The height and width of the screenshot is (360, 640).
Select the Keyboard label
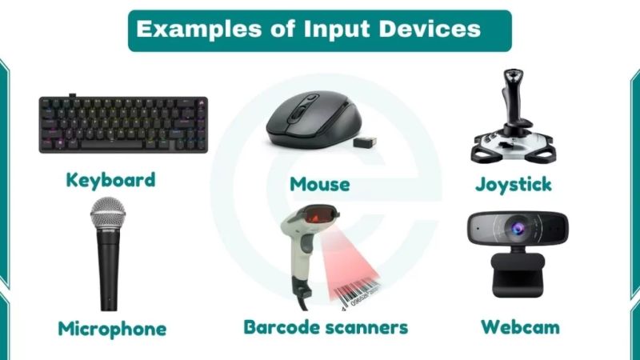pos(110,179)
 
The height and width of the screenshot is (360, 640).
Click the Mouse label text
pos(319,184)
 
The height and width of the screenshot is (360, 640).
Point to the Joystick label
pos(513,184)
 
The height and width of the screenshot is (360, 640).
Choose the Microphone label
pos(112,328)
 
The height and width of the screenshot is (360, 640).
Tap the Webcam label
pos(520,326)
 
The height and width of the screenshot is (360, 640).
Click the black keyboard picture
pos(124,124)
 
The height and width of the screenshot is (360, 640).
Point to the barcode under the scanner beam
pos(366,297)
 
